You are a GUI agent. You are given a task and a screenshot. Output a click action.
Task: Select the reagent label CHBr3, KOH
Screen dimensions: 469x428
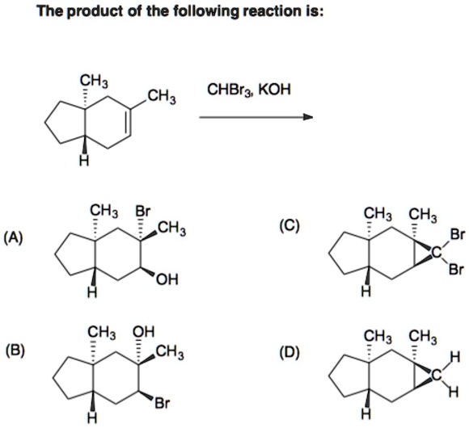[249, 90]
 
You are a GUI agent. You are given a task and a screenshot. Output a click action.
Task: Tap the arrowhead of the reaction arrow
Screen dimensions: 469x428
[308, 117]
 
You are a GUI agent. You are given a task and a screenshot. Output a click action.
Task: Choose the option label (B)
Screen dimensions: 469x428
[15, 352]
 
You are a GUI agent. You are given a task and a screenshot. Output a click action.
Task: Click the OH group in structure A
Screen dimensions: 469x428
[167, 279]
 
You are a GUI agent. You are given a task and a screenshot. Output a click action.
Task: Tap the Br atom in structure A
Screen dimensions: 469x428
[142, 212]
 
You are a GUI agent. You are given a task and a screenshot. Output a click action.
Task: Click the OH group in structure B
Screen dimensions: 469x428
[144, 332]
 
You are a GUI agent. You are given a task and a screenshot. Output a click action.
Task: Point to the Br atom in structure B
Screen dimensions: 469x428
[163, 404]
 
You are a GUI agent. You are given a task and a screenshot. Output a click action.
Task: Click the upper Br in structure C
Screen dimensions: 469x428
[457, 234]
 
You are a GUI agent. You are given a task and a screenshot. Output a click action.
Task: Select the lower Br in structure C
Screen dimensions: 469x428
[457, 270]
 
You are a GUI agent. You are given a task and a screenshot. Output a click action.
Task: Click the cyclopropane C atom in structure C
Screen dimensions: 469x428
[437, 253]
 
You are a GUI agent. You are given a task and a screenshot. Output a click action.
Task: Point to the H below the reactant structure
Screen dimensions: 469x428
[85, 161]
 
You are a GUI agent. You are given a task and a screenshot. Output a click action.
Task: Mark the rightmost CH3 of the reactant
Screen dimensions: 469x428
[162, 98]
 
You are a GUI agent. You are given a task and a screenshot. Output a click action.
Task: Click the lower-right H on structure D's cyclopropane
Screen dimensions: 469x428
[454, 392]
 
